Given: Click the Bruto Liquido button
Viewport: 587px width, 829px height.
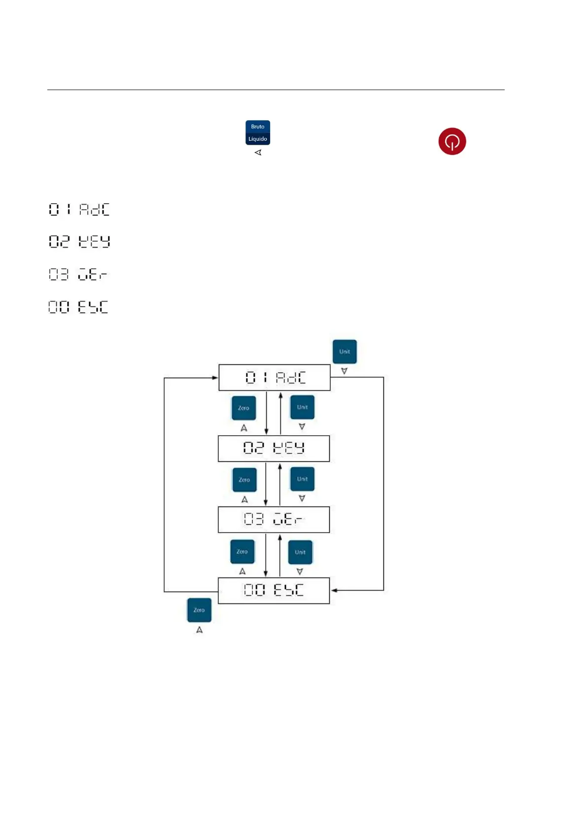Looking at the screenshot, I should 258,133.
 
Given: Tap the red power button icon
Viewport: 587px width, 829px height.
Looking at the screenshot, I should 452,142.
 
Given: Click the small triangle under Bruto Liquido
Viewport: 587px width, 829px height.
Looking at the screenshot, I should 258,153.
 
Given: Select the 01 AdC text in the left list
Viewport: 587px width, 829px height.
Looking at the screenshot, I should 79,210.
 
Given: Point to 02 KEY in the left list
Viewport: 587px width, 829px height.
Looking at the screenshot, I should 79,241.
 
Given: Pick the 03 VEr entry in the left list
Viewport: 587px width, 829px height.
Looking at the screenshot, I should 78,274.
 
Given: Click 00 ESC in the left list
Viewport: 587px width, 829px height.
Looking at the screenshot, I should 78,307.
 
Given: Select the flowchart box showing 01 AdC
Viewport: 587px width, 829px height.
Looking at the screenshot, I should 274,378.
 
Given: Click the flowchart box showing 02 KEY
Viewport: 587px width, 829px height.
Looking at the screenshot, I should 274,448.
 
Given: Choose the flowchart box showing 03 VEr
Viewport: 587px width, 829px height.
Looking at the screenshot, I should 274,519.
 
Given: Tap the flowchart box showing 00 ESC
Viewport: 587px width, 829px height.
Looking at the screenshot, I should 274,590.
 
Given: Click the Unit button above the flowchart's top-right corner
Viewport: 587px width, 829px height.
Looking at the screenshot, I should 345,352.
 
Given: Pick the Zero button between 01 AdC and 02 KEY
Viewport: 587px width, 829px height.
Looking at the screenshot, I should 243,408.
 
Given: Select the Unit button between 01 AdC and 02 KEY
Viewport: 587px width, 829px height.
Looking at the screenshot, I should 302,408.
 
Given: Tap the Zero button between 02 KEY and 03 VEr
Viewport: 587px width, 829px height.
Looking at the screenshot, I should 244,479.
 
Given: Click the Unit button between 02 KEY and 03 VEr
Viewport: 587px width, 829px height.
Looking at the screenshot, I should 302,479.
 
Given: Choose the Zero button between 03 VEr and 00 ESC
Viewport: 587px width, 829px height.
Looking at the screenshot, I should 242,552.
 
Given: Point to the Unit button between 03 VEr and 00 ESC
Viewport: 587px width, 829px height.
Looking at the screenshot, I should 300,552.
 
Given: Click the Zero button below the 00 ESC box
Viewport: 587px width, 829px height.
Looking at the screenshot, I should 199,610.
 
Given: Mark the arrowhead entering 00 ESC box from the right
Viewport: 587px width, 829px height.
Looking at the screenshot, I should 334,590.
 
